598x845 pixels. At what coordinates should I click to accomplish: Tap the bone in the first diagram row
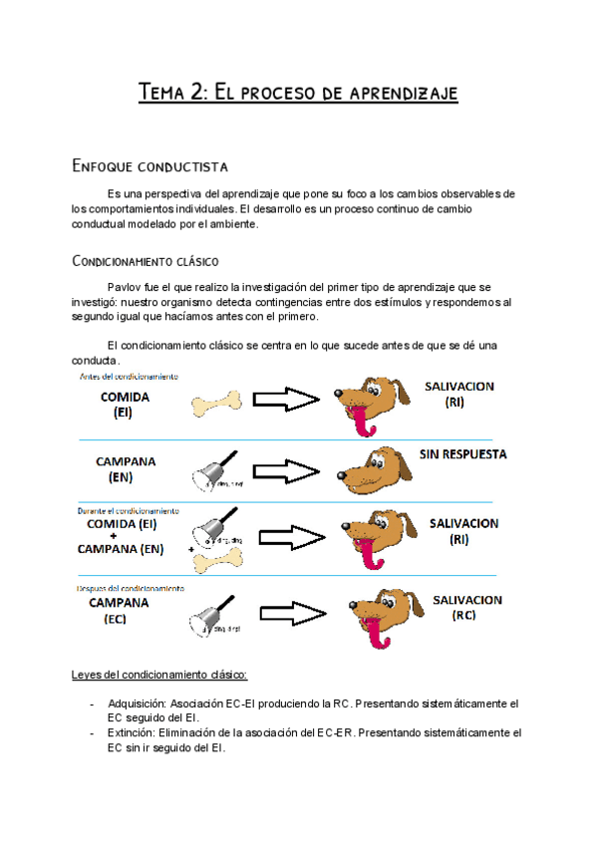pos(216,403)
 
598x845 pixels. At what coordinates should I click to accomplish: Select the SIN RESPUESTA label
pos(463,454)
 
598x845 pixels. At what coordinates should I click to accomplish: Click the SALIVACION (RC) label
pos(466,608)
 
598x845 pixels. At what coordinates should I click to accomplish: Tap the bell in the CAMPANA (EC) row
pos(212,613)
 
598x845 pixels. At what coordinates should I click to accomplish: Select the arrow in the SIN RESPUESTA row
pos(284,468)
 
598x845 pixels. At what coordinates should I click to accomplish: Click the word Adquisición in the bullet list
pos(141,703)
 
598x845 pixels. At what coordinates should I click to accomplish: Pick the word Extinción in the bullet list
pos(135,732)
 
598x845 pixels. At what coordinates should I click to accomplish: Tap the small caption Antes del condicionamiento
pos(130,377)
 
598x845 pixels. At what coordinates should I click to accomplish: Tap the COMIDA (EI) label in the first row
pos(124,404)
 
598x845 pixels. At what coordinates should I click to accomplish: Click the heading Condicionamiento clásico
pos(147,262)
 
